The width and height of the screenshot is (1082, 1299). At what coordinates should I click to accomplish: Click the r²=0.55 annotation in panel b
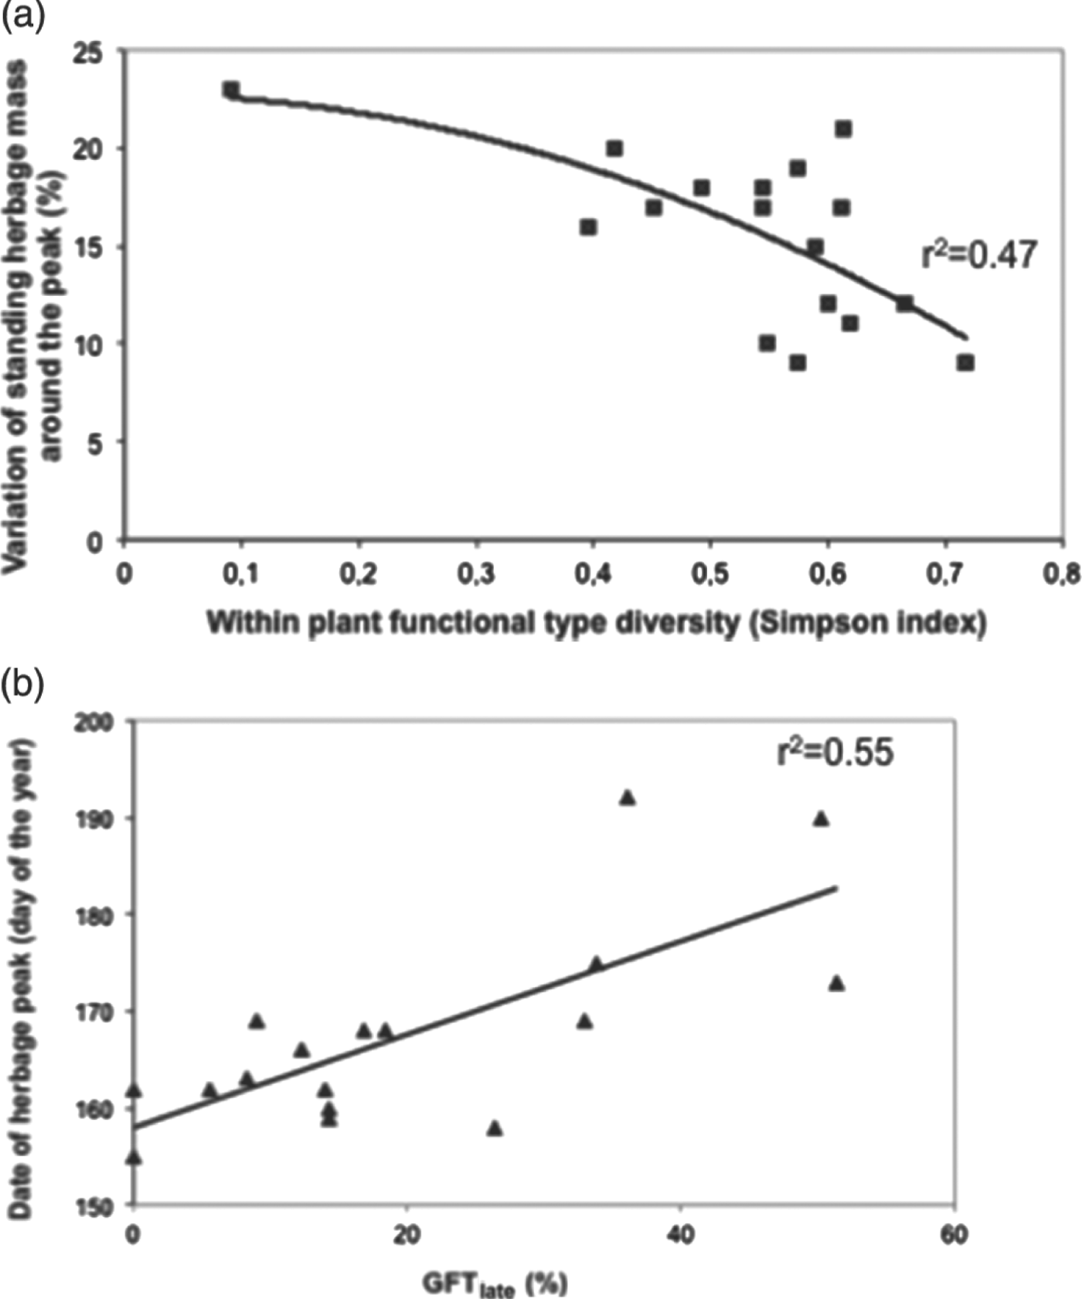835,752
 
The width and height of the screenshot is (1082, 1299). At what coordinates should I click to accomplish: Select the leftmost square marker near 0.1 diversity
230,90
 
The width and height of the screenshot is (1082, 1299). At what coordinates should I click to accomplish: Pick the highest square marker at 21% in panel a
843,129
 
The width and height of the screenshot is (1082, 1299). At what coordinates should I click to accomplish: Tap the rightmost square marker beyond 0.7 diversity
965,362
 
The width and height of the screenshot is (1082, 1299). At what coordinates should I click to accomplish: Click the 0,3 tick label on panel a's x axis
477,576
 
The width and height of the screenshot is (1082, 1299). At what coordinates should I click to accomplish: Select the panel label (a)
23,15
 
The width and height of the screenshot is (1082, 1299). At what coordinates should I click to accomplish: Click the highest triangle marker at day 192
628,797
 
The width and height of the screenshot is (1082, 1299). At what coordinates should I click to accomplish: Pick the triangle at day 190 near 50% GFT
821,818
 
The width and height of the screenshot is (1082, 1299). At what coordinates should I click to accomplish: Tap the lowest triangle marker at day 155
134,1157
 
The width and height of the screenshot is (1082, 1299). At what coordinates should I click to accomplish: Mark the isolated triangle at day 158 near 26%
495,1128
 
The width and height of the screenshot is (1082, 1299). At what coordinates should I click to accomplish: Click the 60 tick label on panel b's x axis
955,1235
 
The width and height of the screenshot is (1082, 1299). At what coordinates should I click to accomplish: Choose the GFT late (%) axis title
495,1284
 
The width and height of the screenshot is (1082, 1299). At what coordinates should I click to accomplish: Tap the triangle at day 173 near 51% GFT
836,983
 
